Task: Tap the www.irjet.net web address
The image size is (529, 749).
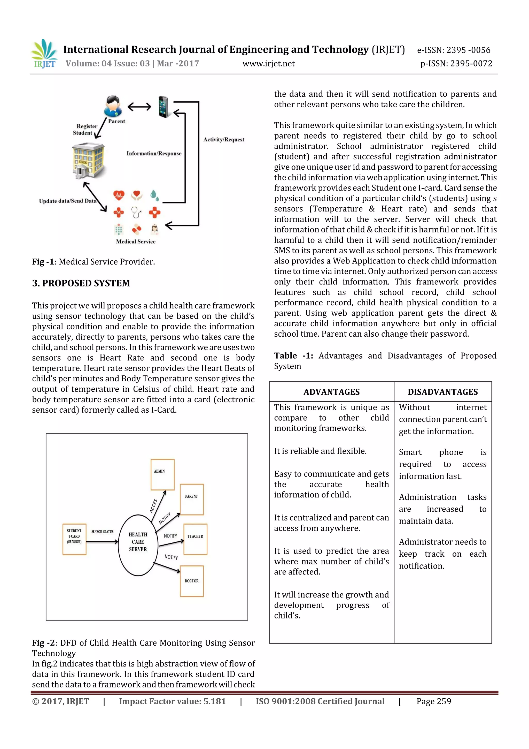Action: (x=268, y=64)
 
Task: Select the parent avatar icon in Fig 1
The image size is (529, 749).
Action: (x=113, y=106)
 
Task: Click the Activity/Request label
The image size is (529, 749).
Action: (x=224, y=140)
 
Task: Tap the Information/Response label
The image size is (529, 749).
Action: (x=154, y=153)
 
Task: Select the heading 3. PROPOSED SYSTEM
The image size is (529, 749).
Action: (x=81, y=283)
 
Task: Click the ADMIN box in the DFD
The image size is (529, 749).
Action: (x=162, y=474)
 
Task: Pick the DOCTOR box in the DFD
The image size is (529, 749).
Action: (x=192, y=581)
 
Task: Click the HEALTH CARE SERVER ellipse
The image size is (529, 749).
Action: (x=138, y=545)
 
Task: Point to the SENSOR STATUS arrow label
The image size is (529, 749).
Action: (x=102, y=531)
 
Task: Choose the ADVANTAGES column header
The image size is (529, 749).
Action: (x=331, y=392)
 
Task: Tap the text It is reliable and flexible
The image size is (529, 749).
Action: (x=320, y=451)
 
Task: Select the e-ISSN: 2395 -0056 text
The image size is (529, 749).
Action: (x=453, y=50)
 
